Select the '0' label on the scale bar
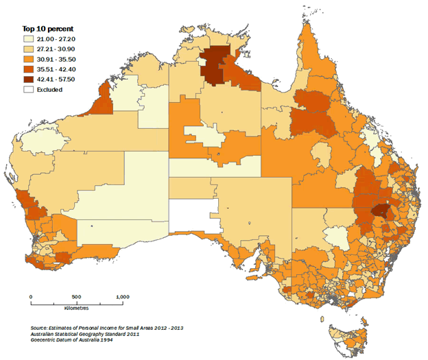(x=31, y=296)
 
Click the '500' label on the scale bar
(x=76, y=296)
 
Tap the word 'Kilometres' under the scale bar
(x=77, y=310)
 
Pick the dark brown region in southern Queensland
(x=378, y=212)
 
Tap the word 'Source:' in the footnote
(x=41, y=328)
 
